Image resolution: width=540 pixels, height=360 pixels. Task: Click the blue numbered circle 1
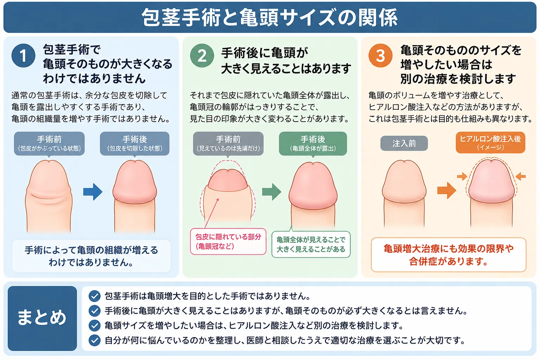click(24, 56)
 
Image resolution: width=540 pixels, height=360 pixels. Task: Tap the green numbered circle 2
click(202, 56)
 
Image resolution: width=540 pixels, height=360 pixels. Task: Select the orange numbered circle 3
click(380, 56)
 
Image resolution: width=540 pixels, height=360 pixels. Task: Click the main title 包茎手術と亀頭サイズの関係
click(269, 18)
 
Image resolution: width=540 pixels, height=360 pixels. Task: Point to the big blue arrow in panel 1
click(93, 192)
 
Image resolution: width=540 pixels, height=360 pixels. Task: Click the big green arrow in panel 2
click(272, 192)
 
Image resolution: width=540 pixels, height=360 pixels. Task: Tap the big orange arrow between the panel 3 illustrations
click(447, 191)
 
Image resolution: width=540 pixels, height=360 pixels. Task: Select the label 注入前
click(404, 143)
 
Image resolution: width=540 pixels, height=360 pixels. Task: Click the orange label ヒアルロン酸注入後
click(490, 142)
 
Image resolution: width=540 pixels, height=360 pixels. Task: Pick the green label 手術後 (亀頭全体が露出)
click(313, 144)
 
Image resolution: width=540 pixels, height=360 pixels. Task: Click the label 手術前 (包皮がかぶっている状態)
click(49, 144)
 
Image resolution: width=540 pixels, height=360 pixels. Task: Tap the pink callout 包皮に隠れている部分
click(228, 242)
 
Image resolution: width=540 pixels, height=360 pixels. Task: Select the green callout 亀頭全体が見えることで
click(311, 244)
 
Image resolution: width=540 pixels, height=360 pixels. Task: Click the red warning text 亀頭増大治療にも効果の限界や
click(449, 249)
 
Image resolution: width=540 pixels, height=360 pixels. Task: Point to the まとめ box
click(42, 318)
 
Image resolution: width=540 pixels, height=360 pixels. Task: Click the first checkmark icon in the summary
click(95, 296)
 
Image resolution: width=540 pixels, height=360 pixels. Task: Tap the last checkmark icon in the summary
click(95, 340)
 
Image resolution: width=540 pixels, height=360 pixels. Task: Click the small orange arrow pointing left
click(521, 176)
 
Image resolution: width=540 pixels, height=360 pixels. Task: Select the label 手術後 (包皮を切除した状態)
click(135, 144)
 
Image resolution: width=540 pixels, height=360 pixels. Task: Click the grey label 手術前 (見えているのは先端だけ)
click(228, 144)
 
